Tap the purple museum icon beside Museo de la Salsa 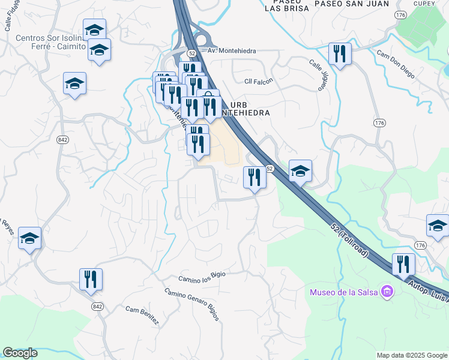(387, 292)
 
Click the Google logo (20, 353)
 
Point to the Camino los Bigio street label (202, 277)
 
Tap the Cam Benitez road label (142, 315)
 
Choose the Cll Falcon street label (259, 81)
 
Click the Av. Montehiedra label (232, 51)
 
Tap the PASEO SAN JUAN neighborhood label (344, 4)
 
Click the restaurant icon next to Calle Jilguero (340, 54)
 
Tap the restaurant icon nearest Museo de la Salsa (403, 265)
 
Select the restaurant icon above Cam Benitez (91, 279)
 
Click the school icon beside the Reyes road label (29, 238)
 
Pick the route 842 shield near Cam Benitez (97, 306)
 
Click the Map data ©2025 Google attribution (412, 355)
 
